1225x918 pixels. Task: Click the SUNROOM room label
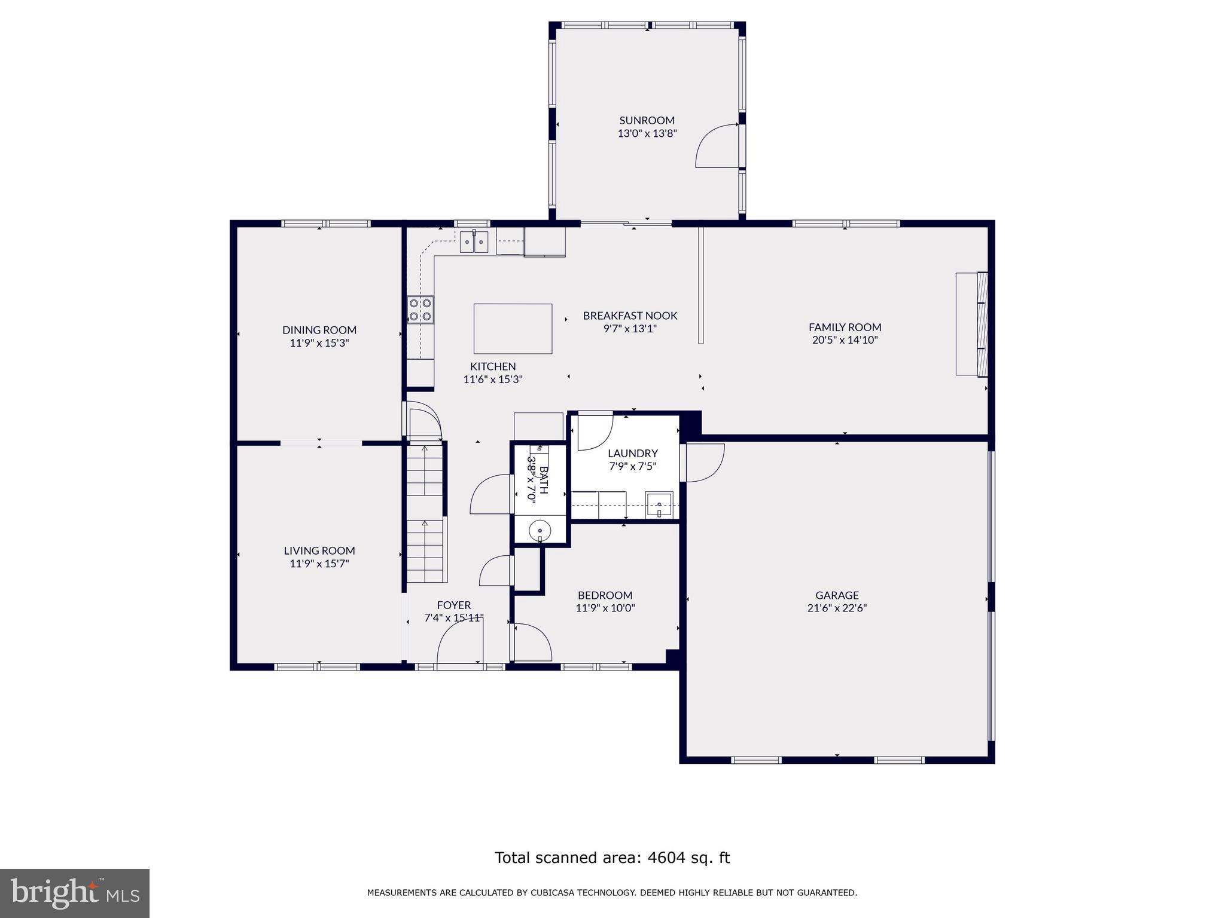point(647,120)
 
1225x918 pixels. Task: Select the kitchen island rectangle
point(513,329)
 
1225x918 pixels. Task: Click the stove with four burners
point(420,310)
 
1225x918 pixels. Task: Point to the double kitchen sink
point(474,241)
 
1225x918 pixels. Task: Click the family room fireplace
point(971,324)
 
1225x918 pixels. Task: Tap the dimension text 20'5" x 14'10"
point(845,340)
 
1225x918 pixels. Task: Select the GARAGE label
point(836,595)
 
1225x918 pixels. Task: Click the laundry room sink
point(659,506)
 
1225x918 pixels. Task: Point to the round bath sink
point(540,530)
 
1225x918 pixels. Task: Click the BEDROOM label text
point(605,595)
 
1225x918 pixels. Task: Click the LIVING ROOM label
point(319,550)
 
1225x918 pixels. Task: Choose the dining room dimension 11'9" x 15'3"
point(319,343)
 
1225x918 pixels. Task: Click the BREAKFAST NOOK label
point(630,316)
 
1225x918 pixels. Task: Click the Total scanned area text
point(612,858)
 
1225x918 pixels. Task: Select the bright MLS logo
point(75,893)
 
